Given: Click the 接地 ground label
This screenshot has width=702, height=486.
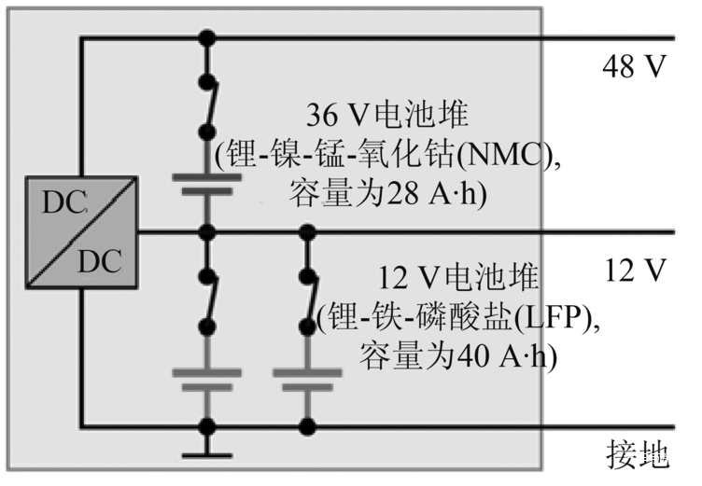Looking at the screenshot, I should tap(639, 455).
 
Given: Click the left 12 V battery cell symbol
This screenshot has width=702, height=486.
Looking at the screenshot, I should tap(207, 380).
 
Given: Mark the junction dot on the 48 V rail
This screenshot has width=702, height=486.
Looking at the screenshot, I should tap(207, 38).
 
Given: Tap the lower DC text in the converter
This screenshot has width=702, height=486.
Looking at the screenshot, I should tap(99, 260).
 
